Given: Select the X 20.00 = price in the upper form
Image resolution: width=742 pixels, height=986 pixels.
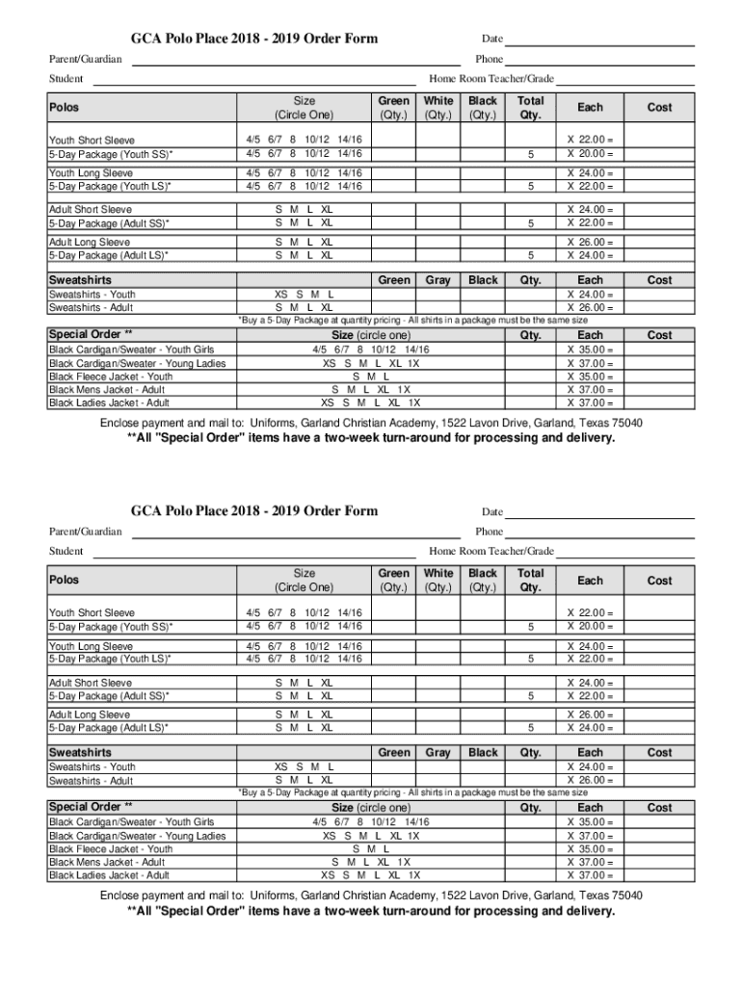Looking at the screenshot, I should pyautogui.click(x=590, y=154).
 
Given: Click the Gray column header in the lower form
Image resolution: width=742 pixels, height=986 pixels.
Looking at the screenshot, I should pyautogui.click(x=437, y=752).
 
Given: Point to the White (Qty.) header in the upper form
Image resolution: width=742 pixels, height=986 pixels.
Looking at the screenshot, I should pyautogui.click(x=438, y=107).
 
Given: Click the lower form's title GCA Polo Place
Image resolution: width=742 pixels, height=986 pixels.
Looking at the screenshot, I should pyautogui.click(x=254, y=510).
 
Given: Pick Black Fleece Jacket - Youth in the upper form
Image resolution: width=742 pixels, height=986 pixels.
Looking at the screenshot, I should pyautogui.click(x=111, y=376).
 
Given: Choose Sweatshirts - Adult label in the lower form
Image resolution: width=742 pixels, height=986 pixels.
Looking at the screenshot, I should pyautogui.click(x=92, y=780).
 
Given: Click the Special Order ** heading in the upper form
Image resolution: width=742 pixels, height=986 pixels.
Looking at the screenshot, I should pyautogui.click(x=91, y=334).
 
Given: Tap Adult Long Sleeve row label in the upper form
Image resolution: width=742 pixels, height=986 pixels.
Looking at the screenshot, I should pyautogui.click(x=90, y=243).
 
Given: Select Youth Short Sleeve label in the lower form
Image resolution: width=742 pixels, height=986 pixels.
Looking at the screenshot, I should pyautogui.click(x=93, y=612).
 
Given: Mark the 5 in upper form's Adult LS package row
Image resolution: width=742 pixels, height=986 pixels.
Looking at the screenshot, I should pyautogui.click(x=530, y=256).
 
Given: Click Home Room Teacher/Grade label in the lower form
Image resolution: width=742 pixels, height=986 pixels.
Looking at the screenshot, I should pyautogui.click(x=491, y=552).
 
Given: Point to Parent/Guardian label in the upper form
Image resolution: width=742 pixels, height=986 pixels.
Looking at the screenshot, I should pyautogui.click(x=86, y=60).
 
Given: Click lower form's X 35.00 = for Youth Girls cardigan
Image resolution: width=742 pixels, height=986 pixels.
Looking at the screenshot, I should pyautogui.click(x=590, y=822).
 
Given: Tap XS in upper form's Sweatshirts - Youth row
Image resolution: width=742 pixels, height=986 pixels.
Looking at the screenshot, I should pyautogui.click(x=280, y=295).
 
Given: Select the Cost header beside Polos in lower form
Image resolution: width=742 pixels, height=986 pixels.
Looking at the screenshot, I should pyautogui.click(x=659, y=581).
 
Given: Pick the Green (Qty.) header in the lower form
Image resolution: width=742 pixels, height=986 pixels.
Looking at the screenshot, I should pyautogui.click(x=393, y=580).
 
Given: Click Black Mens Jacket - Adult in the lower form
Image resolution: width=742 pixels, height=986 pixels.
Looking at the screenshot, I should pyautogui.click(x=106, y=863).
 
